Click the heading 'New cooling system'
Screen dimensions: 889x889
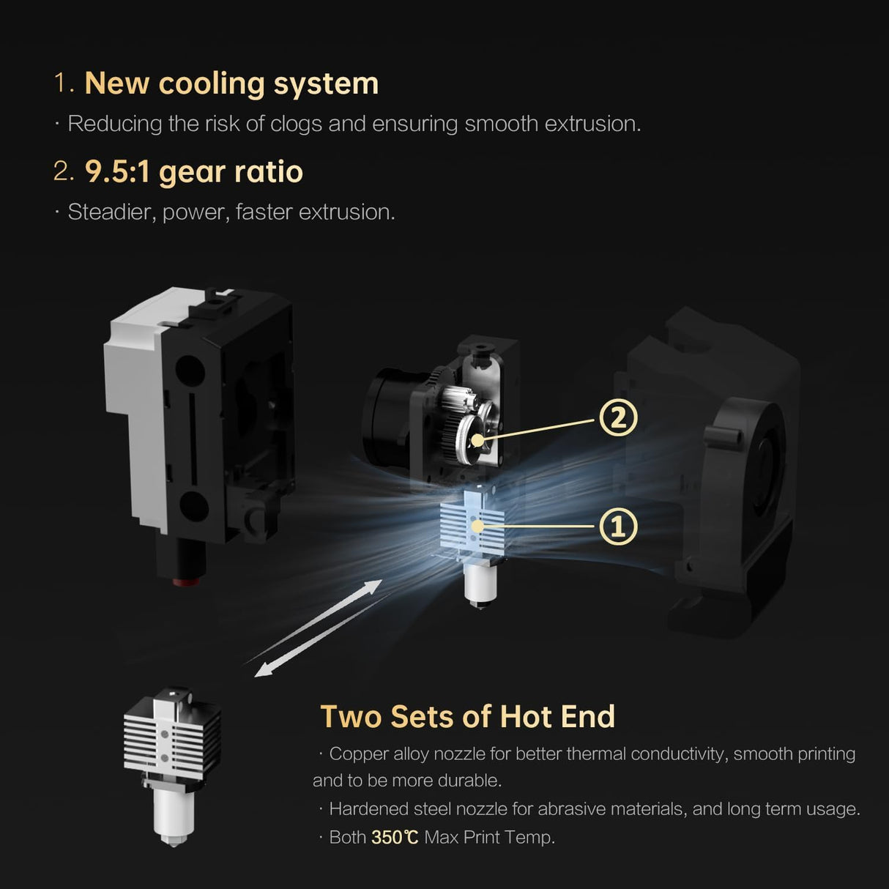[x=231, y=83]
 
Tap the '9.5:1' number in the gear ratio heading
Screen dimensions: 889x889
[x=117, y=172]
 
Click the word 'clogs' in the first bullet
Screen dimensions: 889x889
[x=296, y=124]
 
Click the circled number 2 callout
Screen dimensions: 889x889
[x=618, y=418]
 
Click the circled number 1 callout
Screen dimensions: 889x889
[x=618, y=527]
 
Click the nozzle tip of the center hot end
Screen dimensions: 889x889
[x=480, y=604]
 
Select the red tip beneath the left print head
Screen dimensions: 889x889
[x=186, y=583]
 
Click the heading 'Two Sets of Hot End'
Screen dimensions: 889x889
[x=467, y=717]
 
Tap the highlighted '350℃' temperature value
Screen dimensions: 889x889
[x=395, y=837]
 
